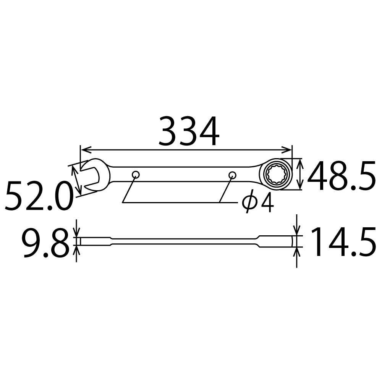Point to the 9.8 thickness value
coord(45,243)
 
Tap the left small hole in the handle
coord(135,175)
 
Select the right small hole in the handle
coord(232,175)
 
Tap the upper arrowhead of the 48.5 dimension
coord(301,162)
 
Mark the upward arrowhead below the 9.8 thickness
coord(76,249)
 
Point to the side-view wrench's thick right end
coord(277,241)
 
